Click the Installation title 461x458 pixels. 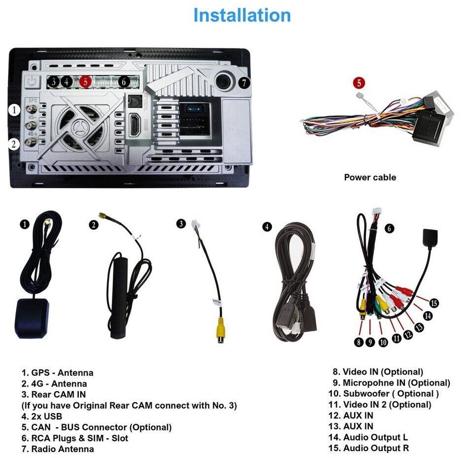pyautogui.click(x=241, y=15)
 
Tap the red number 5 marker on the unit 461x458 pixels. pyautogui.click(x=86, y=82)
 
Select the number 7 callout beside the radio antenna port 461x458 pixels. pyautogui.click(x=244, y=83)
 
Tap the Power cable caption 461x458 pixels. pyautogui.click(x=369, y=177)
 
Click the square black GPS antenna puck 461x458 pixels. pyautogui.click(x=32, y=318)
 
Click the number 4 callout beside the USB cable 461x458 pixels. pyautogui.click(x=266, y=227)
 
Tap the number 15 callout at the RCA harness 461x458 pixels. pyautogui.click(x=434, y=303)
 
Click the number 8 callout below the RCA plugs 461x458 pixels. pyautogui.click(x=359, y=341)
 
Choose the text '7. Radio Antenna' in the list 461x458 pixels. pyautogui.click(x=58, y=449)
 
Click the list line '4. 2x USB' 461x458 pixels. pyautogui.click(x=42, y=416)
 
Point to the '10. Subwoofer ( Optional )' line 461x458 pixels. pyautogui.click(x=384, y=393)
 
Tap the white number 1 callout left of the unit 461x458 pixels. pyautogui.click(x=14, y=110)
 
